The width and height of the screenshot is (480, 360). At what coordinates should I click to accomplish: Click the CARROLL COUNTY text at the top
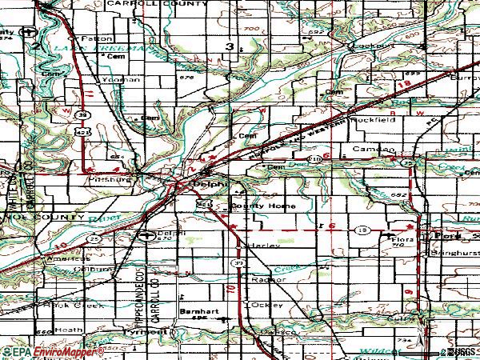pos(161,5)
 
